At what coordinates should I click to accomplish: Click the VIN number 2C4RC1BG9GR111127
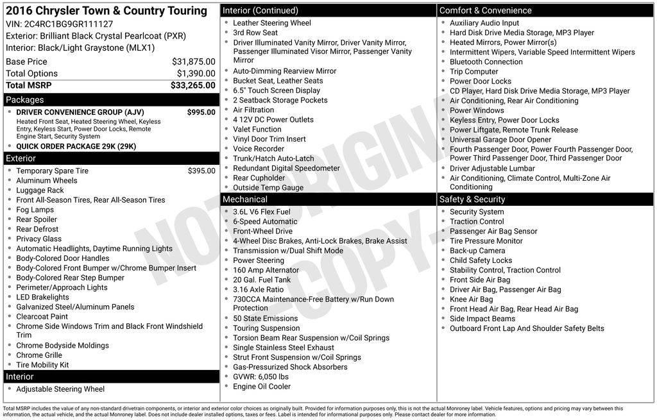69,24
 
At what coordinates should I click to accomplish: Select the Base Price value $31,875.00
193,62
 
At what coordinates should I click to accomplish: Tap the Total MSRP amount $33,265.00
192,85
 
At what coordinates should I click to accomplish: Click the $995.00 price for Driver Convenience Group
201,112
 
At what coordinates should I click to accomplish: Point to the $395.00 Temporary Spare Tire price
201,171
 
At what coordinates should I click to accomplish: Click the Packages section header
25,99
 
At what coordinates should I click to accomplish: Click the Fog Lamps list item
35,210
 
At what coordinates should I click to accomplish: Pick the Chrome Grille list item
39,355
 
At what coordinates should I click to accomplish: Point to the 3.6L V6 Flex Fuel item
261,212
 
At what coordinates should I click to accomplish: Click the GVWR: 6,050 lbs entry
260,377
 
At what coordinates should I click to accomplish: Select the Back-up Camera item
477,251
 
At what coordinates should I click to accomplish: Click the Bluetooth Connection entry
486,62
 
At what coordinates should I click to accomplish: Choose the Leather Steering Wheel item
271,23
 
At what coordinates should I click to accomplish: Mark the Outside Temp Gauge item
268,188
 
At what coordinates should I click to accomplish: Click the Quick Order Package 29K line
76,146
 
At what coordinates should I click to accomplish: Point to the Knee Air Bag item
471,299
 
